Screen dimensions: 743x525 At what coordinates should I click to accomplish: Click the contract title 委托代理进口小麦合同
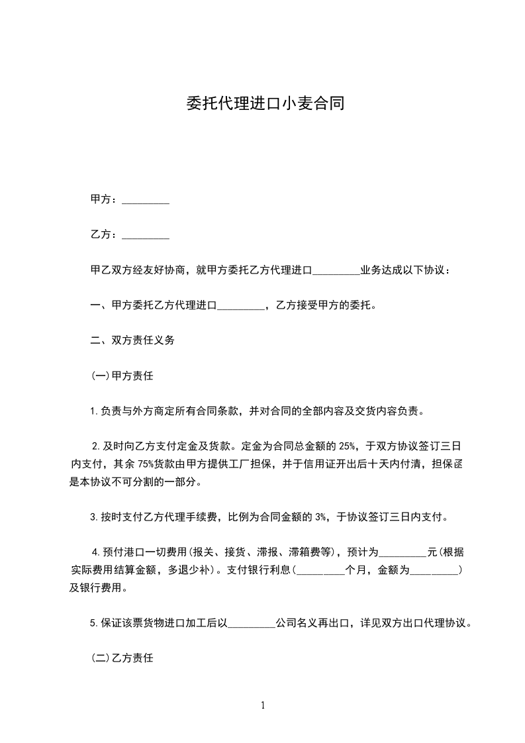pyautogui.click(x=263, y=104)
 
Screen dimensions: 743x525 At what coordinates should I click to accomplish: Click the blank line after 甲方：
pyautogui.click(x=146, y=201)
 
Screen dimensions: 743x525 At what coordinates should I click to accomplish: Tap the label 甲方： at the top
pyautogui.click(x=105, y=200)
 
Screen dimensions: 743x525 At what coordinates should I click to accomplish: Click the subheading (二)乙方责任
pyautogui.click(x=122, y=659)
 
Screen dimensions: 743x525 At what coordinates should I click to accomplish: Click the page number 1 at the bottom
pyautogui.click(x=263, y=706)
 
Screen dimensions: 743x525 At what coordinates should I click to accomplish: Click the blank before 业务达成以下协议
pyautogui.click(x=335, y=272)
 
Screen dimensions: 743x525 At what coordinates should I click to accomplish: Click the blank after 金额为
pyautogui.click(x=434, y=570)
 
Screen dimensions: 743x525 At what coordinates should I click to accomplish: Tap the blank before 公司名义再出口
pyautogui.click(x=252, y=624)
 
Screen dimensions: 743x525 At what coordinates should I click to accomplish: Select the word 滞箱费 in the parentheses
pyautogui.click(x=306, y=552)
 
